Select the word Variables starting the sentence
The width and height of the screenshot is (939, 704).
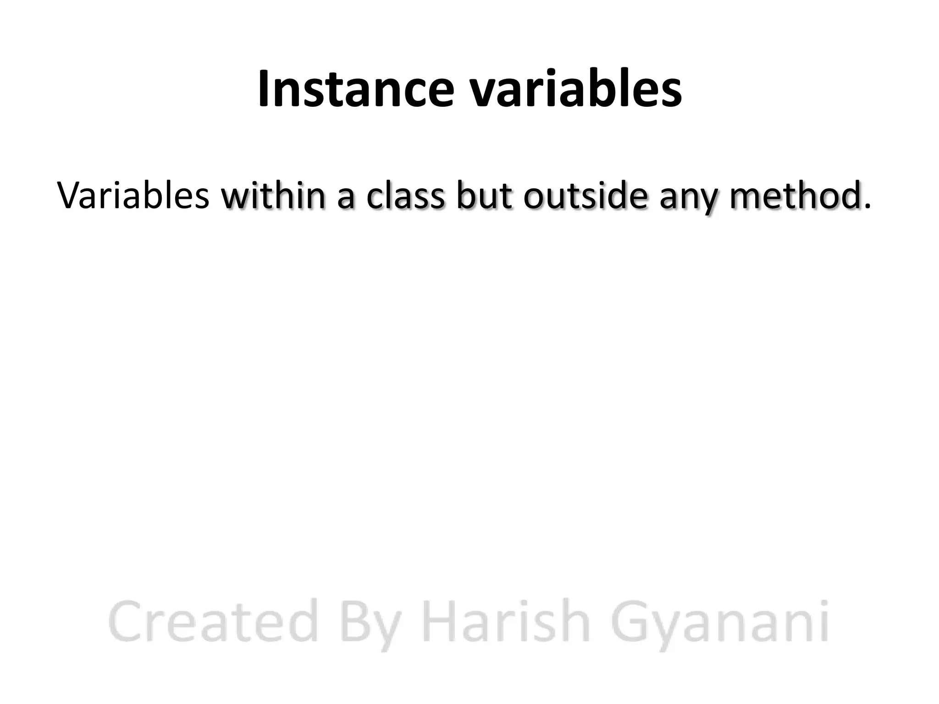[x=133, y=196]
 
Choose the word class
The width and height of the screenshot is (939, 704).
[x=405, y=196]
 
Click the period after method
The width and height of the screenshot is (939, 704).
[x=867, y=208]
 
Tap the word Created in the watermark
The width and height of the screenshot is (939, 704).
[x=213, y=622]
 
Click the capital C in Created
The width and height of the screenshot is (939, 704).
[x=126, y=622]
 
